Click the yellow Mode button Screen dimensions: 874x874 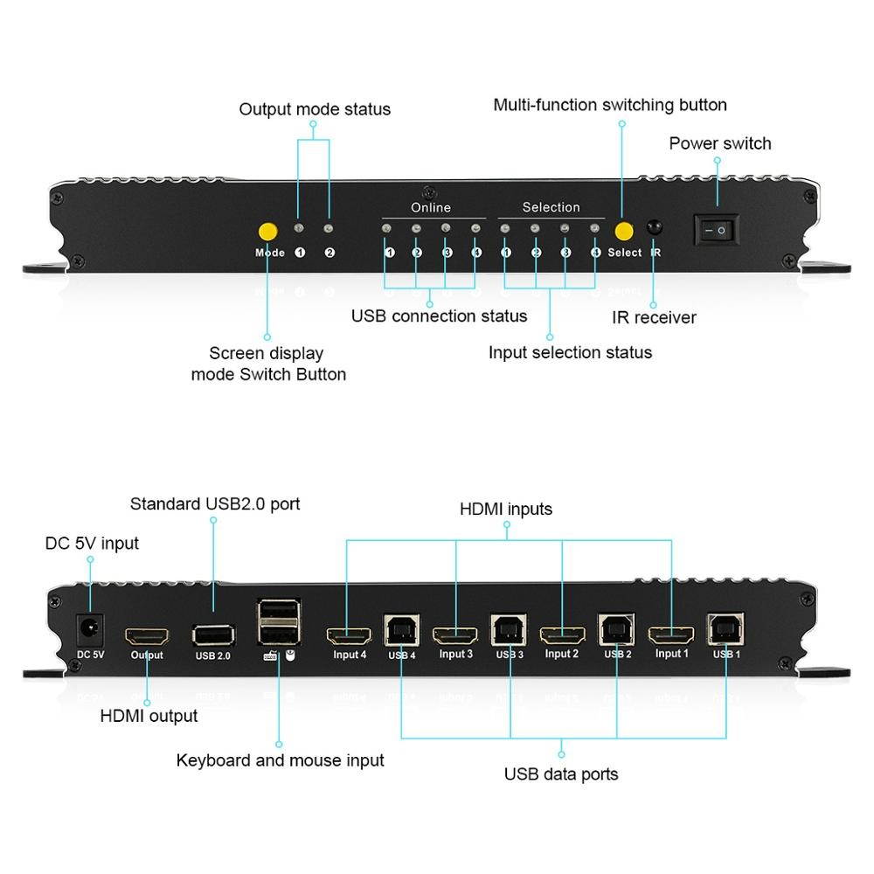coord(268,232)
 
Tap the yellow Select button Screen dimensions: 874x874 coord(623,232)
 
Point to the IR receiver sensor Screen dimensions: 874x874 coord(654,228)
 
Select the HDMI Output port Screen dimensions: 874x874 coord(146,635)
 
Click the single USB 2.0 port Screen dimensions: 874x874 coord(212,635)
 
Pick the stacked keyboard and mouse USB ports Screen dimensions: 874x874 coord(278,624)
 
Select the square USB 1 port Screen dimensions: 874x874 coord(725,629)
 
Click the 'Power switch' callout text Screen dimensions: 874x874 coord(720,143)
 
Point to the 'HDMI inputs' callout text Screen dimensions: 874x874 coord(506,509)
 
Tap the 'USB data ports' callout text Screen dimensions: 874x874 coord(561,773)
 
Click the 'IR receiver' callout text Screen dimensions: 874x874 coord(654,317)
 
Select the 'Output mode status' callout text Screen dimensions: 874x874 coord(315,109)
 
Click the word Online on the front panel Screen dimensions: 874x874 coord(431,207)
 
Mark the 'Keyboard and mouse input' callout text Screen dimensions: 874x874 coord(280,760)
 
